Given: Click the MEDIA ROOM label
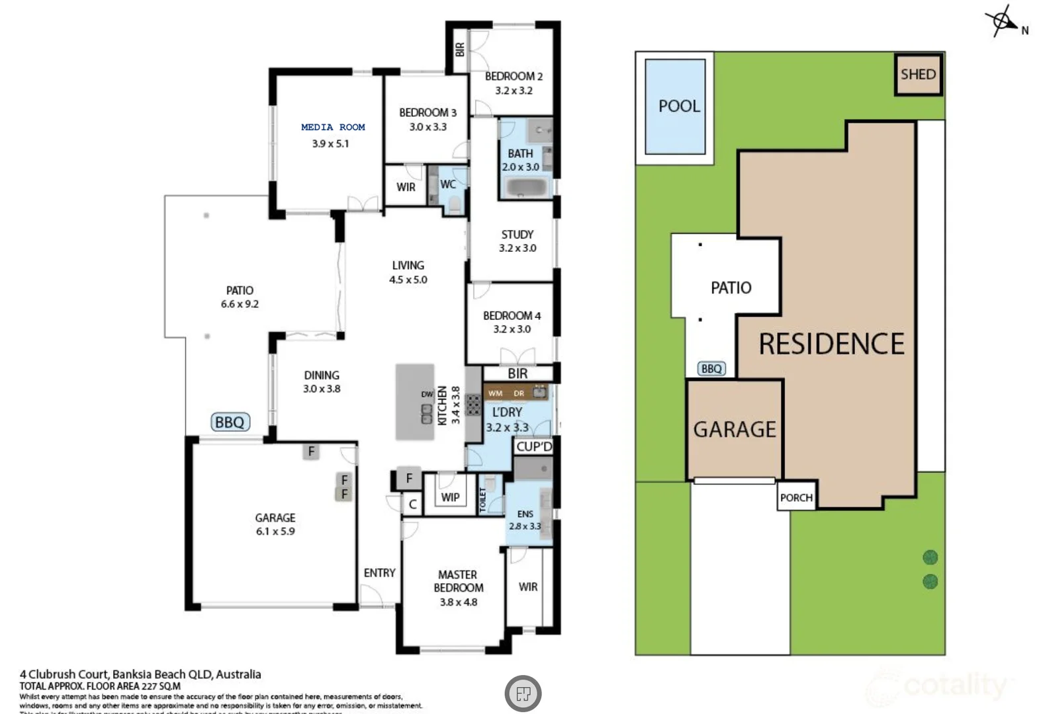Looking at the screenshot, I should click(x=333, y=127).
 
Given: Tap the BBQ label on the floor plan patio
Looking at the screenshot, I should click(x=230, y=422).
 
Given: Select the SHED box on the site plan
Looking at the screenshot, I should click(x=918, y=74).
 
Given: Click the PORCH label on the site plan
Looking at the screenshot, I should click(x=795, y=497).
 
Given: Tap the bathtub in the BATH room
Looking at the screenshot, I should click(x=526, y=188).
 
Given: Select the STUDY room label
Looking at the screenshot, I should click(x=517, y=234).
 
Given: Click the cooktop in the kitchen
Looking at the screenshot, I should click(x=473, y=405).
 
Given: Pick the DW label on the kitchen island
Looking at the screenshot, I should click(x=427, y=395).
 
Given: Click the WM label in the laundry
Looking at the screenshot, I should click(x=495, y=393).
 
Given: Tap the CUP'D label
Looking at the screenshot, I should click(x=533, y=446).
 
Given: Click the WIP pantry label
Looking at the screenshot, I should click(x=450, y=496).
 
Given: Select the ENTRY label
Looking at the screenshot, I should click(x=379, y=573).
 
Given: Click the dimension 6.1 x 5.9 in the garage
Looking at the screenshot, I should click(x=275, y=531).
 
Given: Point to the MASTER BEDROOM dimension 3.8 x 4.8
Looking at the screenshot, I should click(x=458, y=602).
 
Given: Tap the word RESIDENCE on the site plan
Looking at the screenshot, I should click(x=831, y=344).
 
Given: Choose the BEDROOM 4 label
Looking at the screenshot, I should click(x=511, y=315).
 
